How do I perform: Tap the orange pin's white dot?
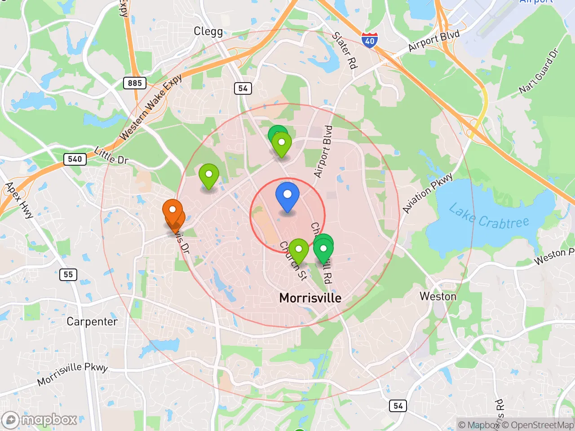[x=172, y=209]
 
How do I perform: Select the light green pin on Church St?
[x=298, y=250]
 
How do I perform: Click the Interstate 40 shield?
[x=369, y=40]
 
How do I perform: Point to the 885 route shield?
[x=135, y=83]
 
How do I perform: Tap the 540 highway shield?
[x=75, y=159]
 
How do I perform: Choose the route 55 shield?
[x=68, y=274]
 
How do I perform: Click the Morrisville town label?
[x=310, y=298]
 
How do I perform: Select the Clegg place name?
[x=208, y=31]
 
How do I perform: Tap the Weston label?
[x=438, y=296]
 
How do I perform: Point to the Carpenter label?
[x=92, y=321]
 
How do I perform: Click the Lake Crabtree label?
[x=489, y=217]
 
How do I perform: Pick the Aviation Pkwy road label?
[x=427, y=194]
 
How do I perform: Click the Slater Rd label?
[x=345, y=50]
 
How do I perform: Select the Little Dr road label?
[x=111, y=155]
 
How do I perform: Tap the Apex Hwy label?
[x=19, y=200]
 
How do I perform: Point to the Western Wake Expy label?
[x=151, y=107]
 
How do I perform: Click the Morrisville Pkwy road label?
[x=73, y=374]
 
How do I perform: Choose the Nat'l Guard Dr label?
[x=539, y=71]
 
